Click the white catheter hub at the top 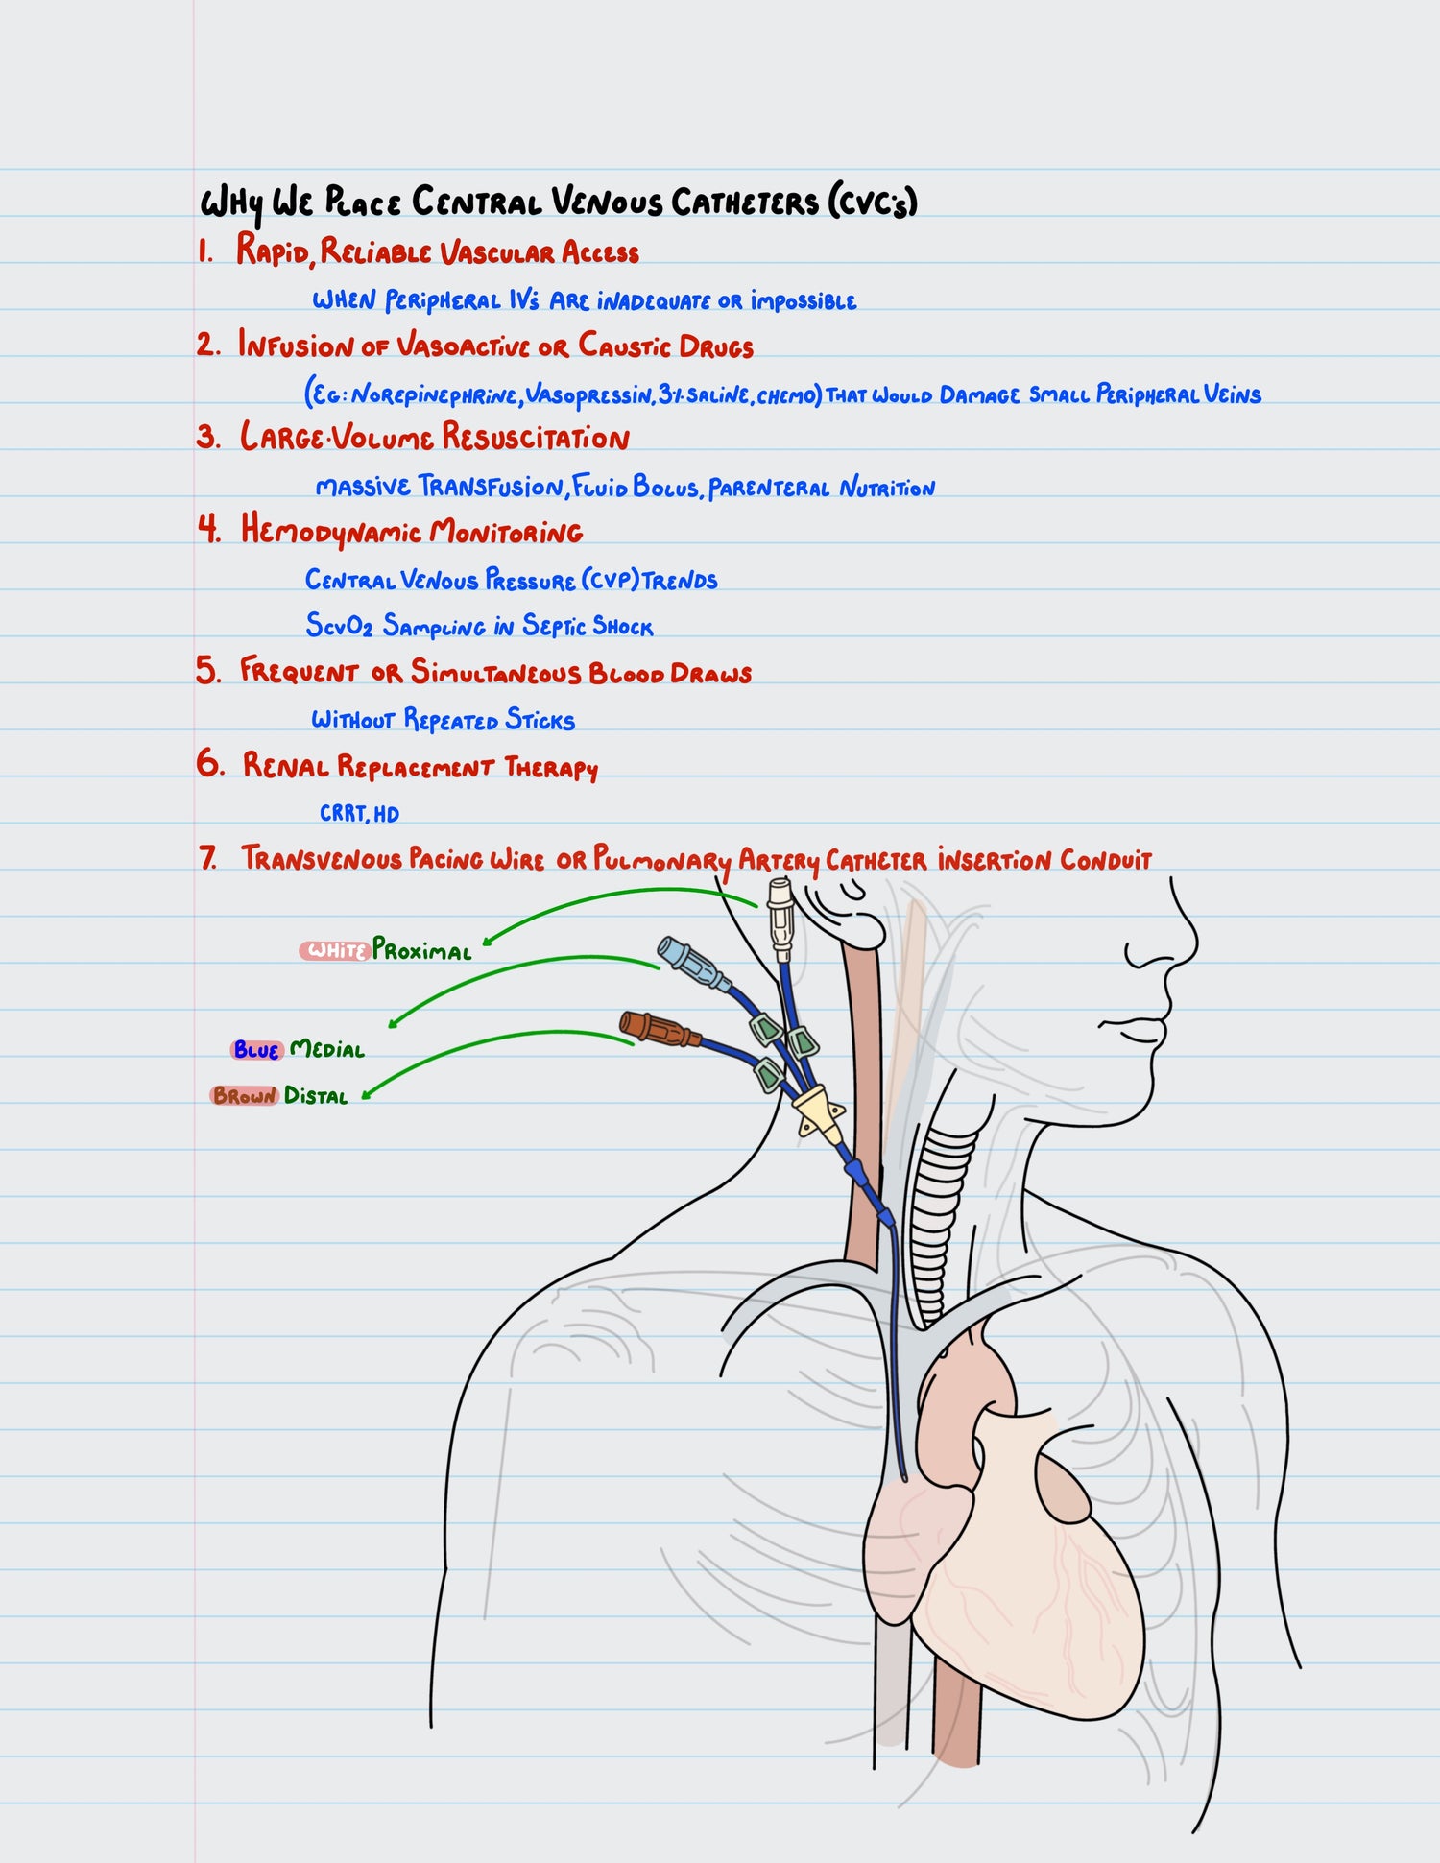click(781, 920)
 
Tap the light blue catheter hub click(687, 963)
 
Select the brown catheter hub click(653, 1028)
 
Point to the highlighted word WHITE click(335, 950)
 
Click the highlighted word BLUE click(256, 1050)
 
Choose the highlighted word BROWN click(245, 1095)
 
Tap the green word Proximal click(422, 950)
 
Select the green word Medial click(327, 1049)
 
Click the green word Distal click(316, 1095)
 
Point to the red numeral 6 click(208, 763)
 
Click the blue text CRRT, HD click(359, 813)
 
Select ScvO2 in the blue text click(339, 626)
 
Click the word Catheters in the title click(744, 203)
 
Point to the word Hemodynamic click(331, 530)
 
